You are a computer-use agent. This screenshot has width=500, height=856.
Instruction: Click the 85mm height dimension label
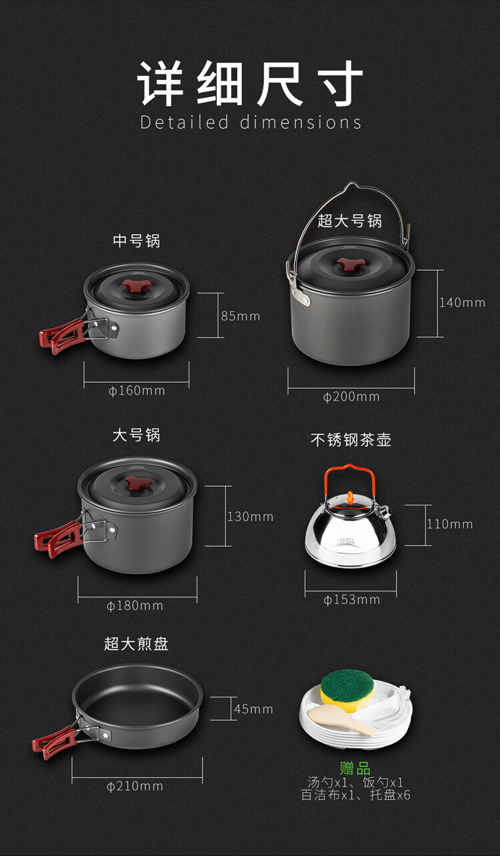point(241,316)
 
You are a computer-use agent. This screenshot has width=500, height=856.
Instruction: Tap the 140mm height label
point(462,303)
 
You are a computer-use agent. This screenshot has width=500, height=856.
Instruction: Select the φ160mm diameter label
point(137,391)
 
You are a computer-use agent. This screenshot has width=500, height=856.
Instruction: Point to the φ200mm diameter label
point(351,397)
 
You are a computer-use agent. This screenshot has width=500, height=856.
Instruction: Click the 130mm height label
point(251,517)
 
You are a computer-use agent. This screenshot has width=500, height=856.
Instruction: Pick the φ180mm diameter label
point(135,606)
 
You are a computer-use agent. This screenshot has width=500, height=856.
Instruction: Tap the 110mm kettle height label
point(449,524)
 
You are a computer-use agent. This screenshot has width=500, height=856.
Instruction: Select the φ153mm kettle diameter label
point(352,599)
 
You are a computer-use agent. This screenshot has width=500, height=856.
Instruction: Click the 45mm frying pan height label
point(253,709)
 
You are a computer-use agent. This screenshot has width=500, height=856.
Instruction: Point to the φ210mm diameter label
point(135,787)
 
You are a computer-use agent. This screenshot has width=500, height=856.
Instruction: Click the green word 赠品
point(355,769)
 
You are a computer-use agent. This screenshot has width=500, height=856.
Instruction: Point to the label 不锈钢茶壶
point(351,440)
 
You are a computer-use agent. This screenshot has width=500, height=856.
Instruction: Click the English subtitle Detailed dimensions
point(251,122)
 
